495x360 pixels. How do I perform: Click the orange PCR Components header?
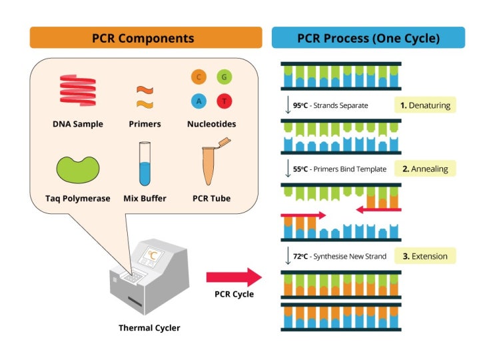click(x=146, y=38)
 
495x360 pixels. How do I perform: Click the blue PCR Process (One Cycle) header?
click(x=368, y=38)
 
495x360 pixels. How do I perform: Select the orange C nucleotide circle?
click(x=198, y=77)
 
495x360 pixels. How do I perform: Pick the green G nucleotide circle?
click(x=225, y=77)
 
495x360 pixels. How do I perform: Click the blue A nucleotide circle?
click(x=198, y=101)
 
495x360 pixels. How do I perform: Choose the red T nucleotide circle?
click(x=225, y=101)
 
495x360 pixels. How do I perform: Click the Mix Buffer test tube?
click(x=145, y=165)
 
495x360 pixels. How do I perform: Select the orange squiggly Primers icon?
click(x=145, y=97)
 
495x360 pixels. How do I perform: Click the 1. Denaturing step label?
click(x=425, y=105)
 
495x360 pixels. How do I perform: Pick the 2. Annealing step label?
click(x=425, y=169)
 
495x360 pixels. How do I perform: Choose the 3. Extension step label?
click(x=425, y=256)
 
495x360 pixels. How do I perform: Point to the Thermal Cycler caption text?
click(x=149, y=328)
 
